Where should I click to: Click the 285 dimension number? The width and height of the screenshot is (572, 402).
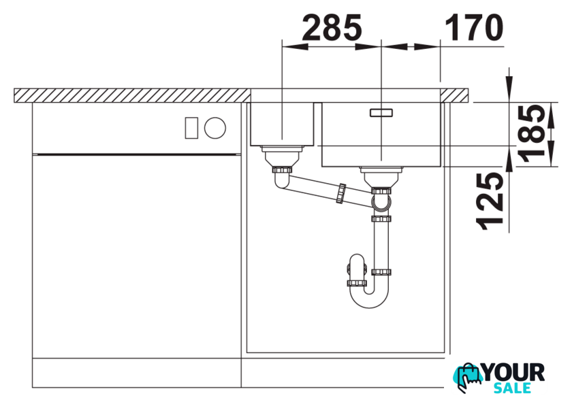(332, 27)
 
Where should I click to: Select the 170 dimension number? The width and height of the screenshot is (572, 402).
(474, 27)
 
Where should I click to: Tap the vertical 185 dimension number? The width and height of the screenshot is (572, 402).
(532, 134)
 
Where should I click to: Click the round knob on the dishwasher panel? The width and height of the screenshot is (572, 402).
(215, 128)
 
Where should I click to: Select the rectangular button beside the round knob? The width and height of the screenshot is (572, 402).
(191, 128)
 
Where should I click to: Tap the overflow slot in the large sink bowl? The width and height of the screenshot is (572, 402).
(381, 113)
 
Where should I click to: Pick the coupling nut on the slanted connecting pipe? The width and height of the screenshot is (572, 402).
(340, 194)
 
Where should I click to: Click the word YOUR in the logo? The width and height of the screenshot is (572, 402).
(513, 373)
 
